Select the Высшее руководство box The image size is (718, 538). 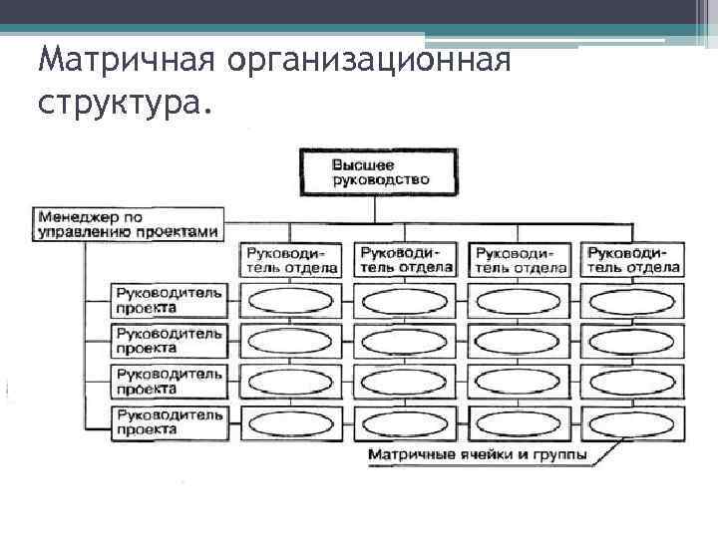[x=377, y=171]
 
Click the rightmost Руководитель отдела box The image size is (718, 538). [x=634, y=260]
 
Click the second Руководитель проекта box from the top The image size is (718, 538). [x=170, y=340]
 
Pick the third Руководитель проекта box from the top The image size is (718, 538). [x=170, y=381]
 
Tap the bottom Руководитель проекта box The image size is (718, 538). [x=170, y=421]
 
